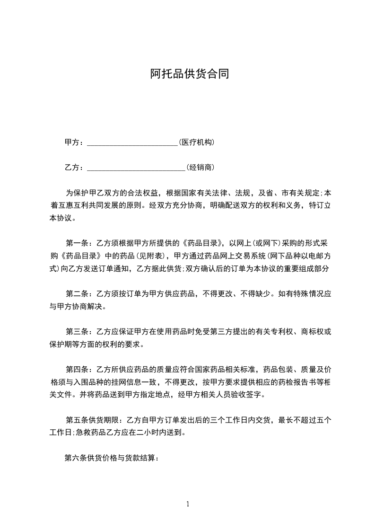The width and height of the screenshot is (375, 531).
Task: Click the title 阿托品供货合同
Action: coord(190,74)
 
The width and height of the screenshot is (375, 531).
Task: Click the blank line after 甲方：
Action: coord(132,142)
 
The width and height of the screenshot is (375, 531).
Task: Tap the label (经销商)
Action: coord(201,167)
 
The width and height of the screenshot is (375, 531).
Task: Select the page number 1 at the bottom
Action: coord(188,504)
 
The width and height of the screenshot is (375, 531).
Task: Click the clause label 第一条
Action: coord(76,244)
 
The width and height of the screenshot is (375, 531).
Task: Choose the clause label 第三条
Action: coord(76,331)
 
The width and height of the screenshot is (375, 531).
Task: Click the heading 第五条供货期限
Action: coord(93,419)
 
